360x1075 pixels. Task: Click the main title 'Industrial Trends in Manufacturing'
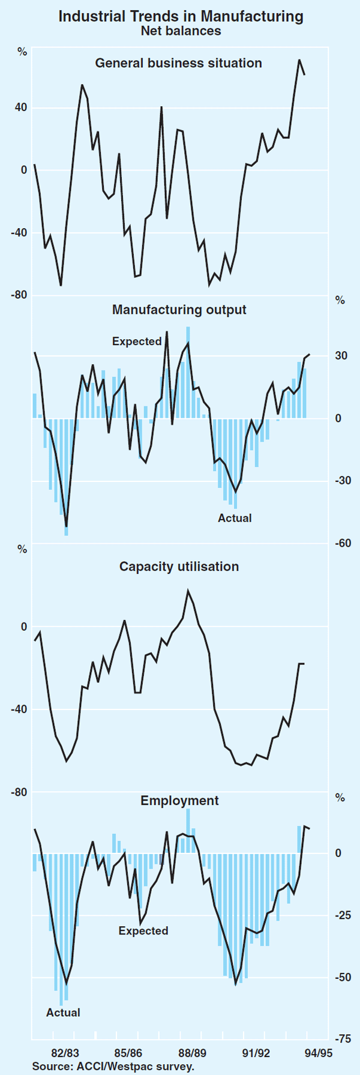(180, 16)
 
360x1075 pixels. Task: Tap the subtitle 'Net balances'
(180, 31)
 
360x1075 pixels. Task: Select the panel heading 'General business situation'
(179, 63)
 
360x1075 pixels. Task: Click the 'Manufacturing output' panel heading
(179, 310)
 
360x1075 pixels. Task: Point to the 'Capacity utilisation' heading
(179, 567)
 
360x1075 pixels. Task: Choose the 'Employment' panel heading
(179, 801)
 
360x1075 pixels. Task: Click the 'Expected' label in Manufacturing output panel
(137, 342)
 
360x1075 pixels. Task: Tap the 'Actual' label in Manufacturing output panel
(235, 518)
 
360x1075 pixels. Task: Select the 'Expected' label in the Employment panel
(143, 931)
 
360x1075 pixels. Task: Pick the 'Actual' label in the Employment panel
(63, 1013)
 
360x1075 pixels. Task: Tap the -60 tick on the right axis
(343, 543)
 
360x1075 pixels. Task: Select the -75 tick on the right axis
(343, 1040)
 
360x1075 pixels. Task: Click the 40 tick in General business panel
(21, 108)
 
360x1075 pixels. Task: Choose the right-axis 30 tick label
(341, 356)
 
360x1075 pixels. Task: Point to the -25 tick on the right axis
(343, 915)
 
